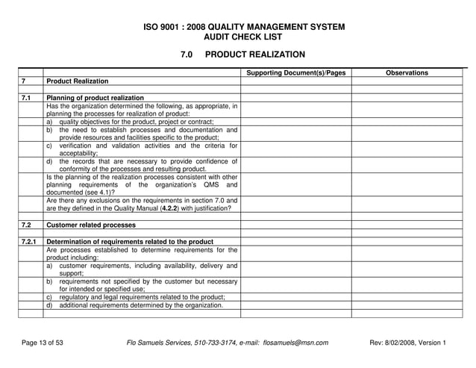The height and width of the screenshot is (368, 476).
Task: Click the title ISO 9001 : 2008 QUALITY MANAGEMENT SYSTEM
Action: point(243,27)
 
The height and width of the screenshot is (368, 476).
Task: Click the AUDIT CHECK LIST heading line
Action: point(243,37)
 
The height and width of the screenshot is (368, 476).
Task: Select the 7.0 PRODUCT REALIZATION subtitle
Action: point(243,54)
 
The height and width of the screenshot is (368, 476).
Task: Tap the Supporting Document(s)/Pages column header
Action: point(296,72)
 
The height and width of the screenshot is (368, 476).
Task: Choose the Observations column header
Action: point(407,72)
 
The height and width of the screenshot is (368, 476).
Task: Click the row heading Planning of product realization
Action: point(95,98)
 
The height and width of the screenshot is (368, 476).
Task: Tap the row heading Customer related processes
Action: point(91,225)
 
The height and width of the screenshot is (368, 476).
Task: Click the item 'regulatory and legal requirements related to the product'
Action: point(142,297)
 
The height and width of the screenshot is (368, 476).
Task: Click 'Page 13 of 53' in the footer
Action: point(43,343)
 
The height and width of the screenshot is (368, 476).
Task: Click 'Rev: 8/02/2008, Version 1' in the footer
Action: point(408,343)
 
